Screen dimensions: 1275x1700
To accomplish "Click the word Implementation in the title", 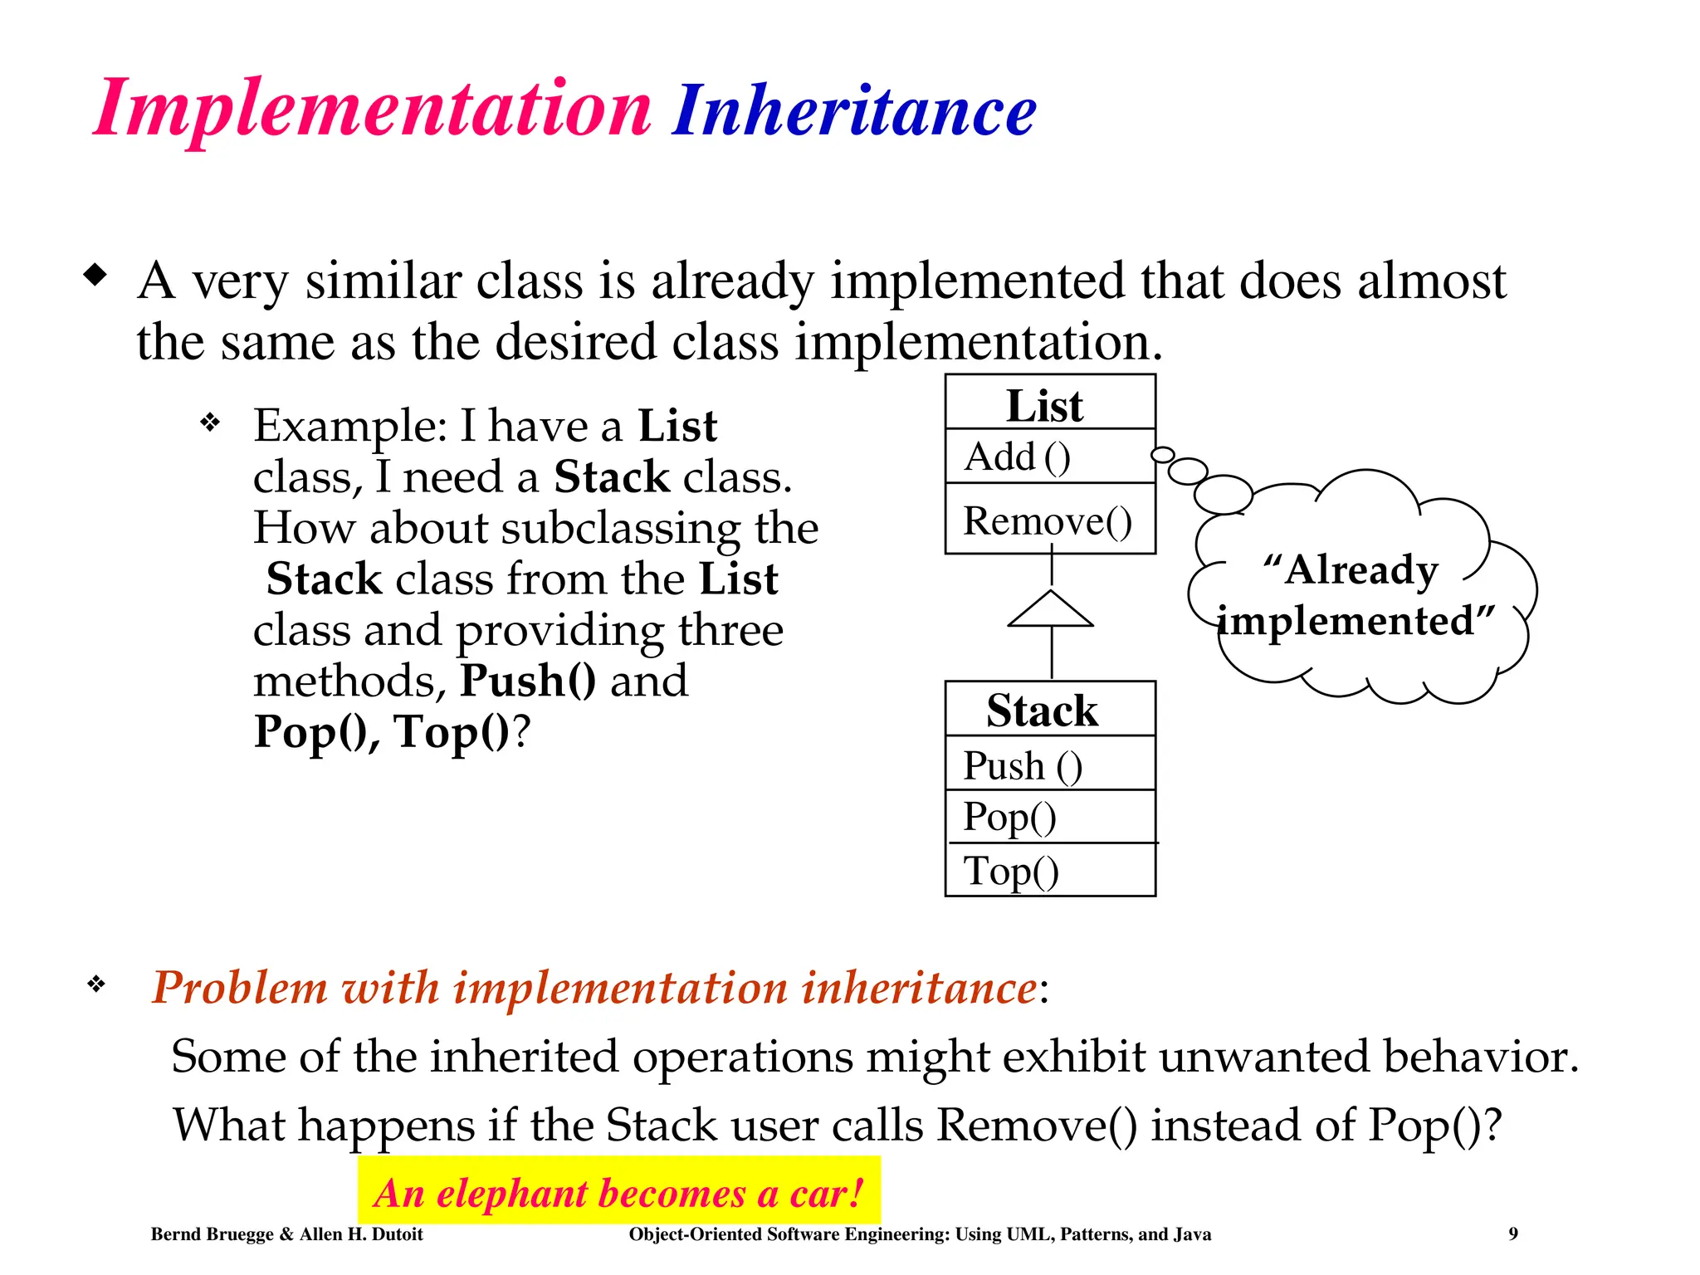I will click(x=372, y=110).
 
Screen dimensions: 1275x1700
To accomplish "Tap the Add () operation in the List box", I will click(x=1018, y=457).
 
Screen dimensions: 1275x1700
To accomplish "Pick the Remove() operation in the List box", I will click(x=1047, y=521).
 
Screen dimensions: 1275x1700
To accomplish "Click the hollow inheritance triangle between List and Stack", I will click(x=1051, y=611).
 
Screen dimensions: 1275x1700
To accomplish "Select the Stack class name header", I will click(x=1042, y=711).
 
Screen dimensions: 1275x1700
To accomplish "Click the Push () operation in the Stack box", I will click(x=1023, y=765).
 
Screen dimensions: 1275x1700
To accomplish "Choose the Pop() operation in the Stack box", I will click(x=1009, y=817).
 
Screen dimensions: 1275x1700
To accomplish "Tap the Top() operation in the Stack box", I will click(x=1011, y=871).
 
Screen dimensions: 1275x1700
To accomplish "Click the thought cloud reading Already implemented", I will click(x=1357, y=596).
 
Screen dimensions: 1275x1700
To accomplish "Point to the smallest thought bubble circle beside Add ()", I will click(x=1163, y=454).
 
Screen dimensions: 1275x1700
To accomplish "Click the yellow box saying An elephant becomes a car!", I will click(x=618, y=1192).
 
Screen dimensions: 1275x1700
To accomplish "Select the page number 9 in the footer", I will click(x=1513, y=1233).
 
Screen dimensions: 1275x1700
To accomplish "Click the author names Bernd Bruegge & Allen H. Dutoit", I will click(x=286, y=1234).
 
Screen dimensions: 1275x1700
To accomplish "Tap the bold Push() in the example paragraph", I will click(x=528, y=680).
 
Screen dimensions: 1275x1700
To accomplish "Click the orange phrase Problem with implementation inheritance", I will click(x=594, y=987).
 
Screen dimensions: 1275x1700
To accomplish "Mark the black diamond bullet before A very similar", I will click(x=96, y=275).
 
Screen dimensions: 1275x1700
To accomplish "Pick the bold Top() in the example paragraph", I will click(x=452, y=731).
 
